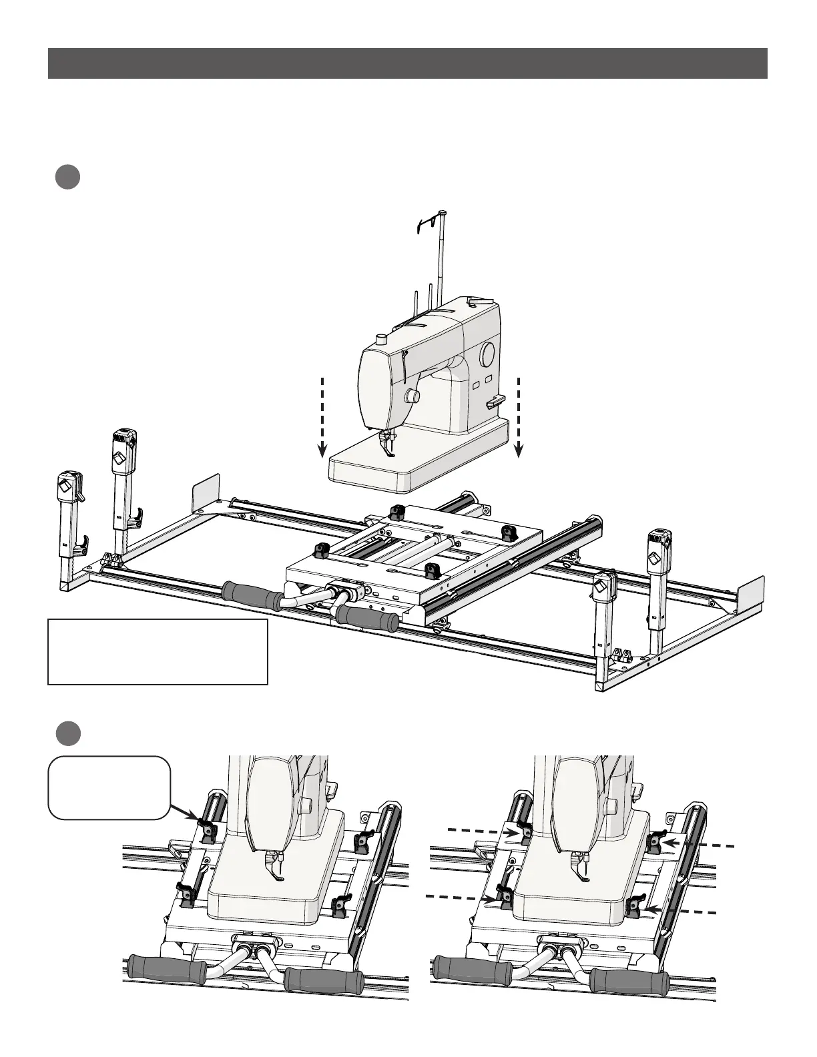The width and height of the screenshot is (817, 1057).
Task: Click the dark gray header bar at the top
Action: [x=407, y=63]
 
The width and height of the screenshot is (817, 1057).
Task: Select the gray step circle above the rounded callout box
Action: [x=67, y=733]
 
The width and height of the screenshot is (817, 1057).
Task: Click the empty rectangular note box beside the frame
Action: [x=158, y=652]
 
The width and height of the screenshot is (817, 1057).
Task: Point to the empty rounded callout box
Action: [x=109, y=787]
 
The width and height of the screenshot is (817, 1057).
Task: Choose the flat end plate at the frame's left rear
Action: [x=206, y=494]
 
